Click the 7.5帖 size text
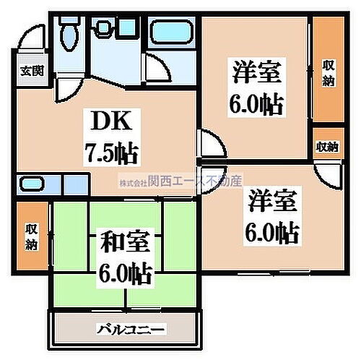click(x=110, y=153)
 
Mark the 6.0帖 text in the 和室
click(x=125, y=275)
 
